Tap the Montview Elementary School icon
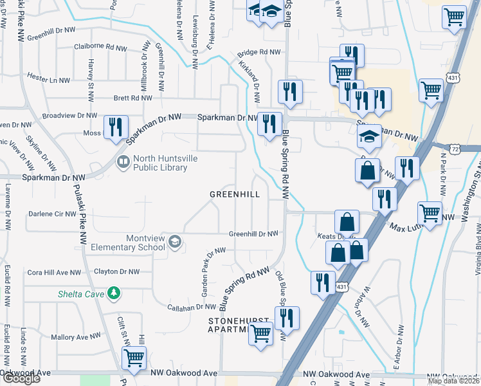click(x=174, y=242)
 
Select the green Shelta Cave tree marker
click(x=114, y=293)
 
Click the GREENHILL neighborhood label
click(x=234, y=194)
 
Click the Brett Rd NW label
click(x=132, y=98)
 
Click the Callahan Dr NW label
click(x=191, y=308)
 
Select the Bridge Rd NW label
click(x=259, y=53)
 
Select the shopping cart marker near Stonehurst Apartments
click(x=260, y=333)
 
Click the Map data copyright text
click(x=454, y=381)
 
